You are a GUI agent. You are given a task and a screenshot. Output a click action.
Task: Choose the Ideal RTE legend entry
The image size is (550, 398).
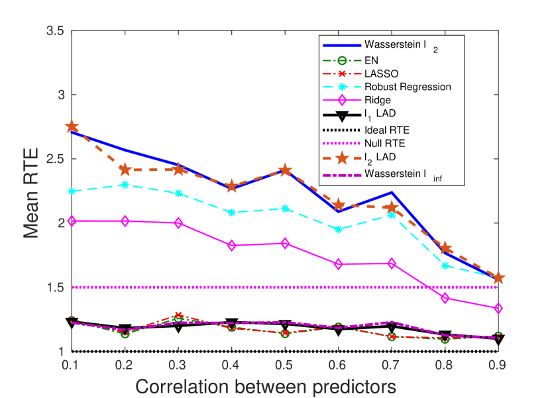point(384,128)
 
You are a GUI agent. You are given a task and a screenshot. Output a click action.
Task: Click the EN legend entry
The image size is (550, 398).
point(370,59)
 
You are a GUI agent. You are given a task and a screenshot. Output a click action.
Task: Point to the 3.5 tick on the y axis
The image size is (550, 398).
point(56,31)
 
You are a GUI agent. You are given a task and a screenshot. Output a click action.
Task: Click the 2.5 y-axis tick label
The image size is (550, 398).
point(56,159)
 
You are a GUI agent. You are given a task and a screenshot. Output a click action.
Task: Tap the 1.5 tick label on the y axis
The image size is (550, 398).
point(56,287)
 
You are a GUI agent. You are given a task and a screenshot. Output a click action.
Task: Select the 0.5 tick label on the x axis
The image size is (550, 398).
point(285,364)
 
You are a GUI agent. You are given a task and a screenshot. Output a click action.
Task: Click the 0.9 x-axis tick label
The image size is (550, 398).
point(498,364)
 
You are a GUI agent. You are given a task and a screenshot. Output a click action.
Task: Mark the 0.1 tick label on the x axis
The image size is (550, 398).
point(72,364)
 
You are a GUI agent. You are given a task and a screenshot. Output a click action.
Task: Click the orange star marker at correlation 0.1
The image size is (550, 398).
point(72,127)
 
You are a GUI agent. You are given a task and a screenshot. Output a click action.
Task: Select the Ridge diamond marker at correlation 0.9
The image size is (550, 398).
point(498,308)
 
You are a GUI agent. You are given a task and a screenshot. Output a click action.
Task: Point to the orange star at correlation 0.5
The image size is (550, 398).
point(285,170)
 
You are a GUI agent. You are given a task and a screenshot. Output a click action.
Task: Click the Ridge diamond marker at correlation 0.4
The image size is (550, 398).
point(232,245)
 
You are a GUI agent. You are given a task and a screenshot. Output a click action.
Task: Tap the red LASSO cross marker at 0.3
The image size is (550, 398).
point(178,315)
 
